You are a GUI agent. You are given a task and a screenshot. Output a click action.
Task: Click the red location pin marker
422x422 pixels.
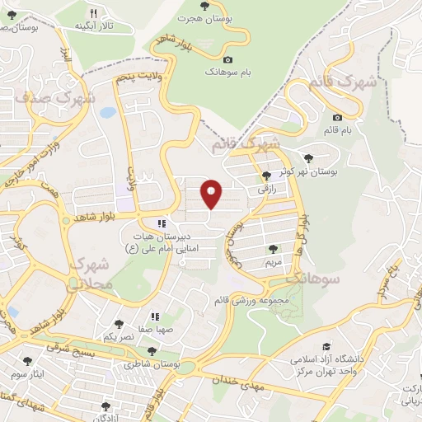(x=212, y=195)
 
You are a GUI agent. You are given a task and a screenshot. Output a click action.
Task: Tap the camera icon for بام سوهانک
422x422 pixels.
(x=228, y=59)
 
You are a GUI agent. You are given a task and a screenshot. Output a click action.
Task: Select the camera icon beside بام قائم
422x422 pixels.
(x=338, y=117)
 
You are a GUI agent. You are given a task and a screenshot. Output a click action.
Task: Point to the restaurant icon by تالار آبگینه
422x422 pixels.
(x=93, y=13)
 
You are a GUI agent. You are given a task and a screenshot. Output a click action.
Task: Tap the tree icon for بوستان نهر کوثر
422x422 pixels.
(x=309, y=157)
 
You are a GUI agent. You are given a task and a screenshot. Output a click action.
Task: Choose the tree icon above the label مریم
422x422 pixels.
(x=272, y=248)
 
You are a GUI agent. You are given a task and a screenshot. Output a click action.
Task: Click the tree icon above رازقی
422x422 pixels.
(x=266, y=175)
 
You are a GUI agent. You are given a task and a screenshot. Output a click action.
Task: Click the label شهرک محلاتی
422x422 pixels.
(x=88, y=274)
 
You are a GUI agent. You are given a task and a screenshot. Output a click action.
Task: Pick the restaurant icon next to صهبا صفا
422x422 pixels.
(x=153, y=316)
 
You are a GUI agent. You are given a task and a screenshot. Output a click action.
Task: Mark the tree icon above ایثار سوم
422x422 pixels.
(x=29, y=361)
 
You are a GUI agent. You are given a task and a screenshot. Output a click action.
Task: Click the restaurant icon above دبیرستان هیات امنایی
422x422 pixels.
(x=162, y=223)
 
